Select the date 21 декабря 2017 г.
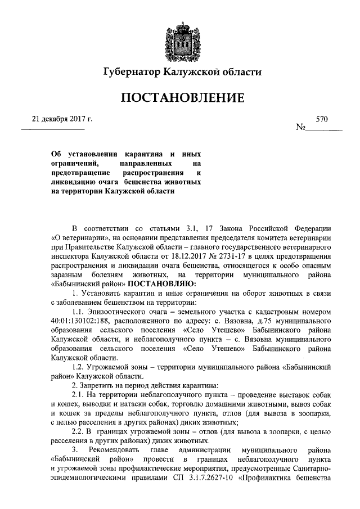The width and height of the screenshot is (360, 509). tap(61, 119)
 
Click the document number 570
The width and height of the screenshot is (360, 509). tap(322, 119)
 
